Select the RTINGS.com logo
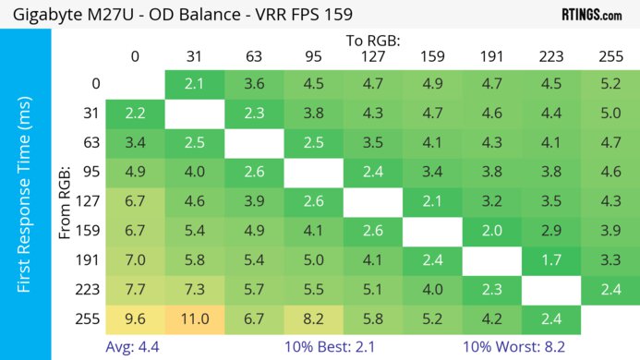[591, 15]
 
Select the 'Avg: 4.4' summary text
[135, 348]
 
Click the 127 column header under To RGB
[372, 56]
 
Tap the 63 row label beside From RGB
[89, 142]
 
